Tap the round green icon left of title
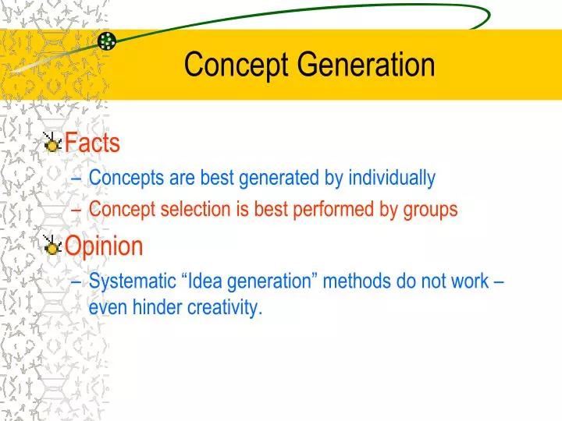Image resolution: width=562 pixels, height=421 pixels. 108,41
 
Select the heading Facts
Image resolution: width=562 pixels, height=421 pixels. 92,143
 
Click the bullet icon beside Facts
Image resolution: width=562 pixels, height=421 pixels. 52,143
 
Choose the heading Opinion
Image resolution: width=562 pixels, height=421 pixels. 104,247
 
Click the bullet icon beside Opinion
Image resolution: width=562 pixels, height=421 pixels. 52,246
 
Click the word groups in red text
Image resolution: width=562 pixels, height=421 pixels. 432,210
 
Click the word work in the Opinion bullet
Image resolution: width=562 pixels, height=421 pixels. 471,281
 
